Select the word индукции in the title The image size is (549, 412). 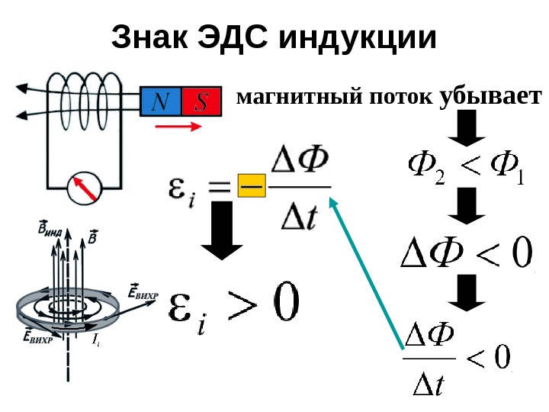coord(355,38)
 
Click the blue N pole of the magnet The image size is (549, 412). coord(161,102)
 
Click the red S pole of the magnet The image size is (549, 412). coord(201,102)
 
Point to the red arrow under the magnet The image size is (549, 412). coord(188,127)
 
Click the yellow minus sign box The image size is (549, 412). coord(250,185)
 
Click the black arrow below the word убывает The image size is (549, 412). coord(466,128)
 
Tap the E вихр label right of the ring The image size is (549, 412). coord(143,293)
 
